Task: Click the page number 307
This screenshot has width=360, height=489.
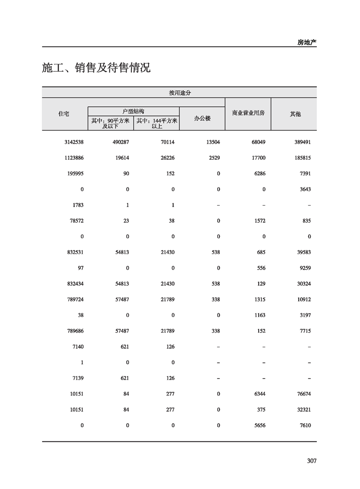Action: coord(311,461)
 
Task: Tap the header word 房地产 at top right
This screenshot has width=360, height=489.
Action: coord(307,42)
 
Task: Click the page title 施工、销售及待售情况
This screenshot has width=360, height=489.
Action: coord(96,68)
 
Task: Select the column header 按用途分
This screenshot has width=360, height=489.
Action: coord(179,93)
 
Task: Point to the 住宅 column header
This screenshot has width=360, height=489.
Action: coord(64,114)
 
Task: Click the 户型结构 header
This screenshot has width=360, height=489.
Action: coord(133,111)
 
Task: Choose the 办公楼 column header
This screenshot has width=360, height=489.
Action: coord(202,118)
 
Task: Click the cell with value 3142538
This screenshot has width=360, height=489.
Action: coord(74,142)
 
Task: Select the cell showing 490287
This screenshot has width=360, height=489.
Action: coord(121,142)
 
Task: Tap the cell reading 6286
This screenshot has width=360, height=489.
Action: coord(259,173)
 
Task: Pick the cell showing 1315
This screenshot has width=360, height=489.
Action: coord(259,300)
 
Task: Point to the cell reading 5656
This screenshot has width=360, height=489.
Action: coord(259,425)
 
